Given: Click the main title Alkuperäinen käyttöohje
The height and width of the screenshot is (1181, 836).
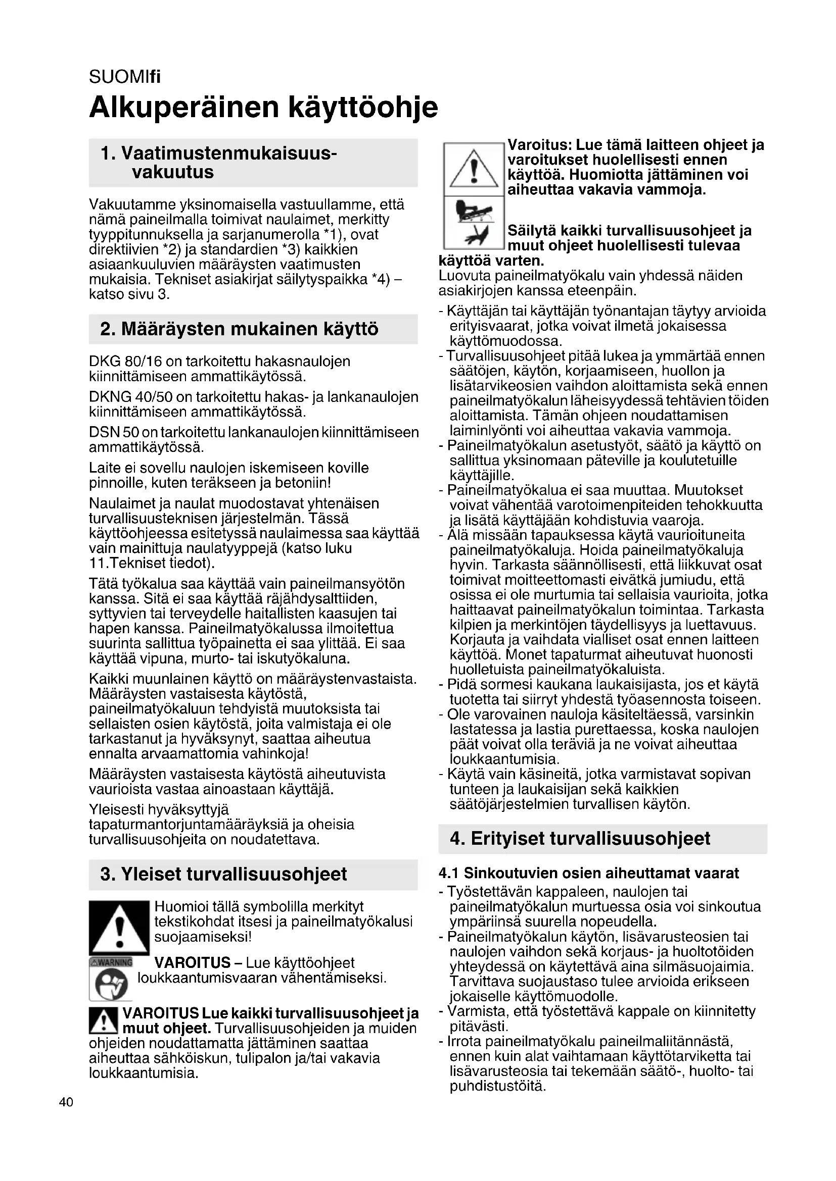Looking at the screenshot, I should pos(263,107).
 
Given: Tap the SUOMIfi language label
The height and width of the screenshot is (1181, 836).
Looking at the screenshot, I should pos(124,77).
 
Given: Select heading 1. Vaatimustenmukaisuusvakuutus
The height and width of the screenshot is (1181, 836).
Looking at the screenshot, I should pos(219,163).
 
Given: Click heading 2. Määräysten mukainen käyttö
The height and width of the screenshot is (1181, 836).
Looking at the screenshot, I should pos(240,329).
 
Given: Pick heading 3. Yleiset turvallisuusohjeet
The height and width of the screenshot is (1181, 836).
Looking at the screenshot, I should pos(224,874).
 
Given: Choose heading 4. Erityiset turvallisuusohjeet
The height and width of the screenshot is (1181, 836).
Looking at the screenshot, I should pos(580,839).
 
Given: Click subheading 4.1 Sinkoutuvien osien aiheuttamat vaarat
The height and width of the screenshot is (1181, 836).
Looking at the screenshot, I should pos(589,873).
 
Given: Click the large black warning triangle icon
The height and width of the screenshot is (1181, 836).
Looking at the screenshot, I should pos(119,929).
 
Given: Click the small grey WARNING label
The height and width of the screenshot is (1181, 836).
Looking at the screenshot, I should pos(111,962).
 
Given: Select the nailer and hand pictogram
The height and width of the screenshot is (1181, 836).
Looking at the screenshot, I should pos(474,223).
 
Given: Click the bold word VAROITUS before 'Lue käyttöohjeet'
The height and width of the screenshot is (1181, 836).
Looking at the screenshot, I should pos(192,962).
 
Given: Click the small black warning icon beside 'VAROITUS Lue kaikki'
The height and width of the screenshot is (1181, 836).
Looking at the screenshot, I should pos(104,1020).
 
